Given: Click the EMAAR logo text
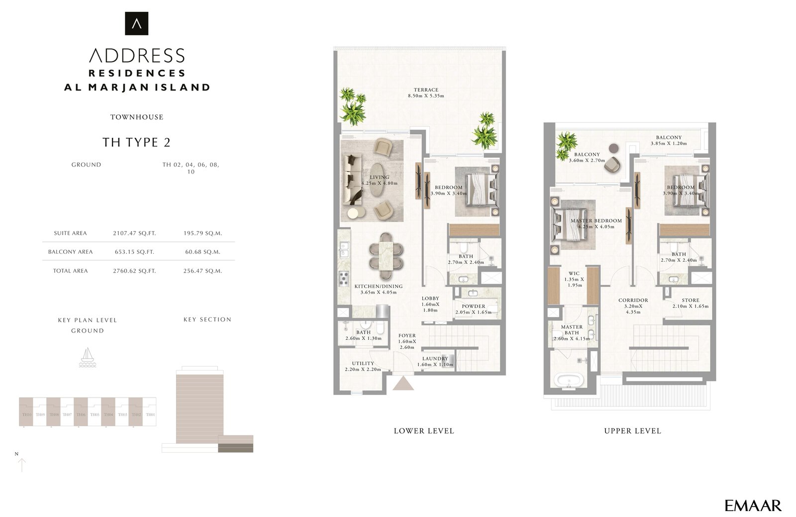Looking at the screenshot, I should tap(753, 506).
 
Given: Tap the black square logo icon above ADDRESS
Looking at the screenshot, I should tap(136, 23).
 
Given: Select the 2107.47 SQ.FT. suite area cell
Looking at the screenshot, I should tap(134, 233).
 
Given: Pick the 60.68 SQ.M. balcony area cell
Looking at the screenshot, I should tap(202, 252).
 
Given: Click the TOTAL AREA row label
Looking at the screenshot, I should tap(70, 271).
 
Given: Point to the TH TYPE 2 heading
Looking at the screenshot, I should tap(136, 142).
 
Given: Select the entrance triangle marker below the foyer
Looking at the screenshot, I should tap(403, 384).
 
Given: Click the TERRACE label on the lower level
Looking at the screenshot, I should tap(426, 90).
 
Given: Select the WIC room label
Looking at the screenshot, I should tap(574, 274).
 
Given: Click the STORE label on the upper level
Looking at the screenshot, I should tap(691, 301).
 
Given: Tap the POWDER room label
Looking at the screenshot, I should tap(473, 307).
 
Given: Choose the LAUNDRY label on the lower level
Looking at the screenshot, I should tap(435, 359).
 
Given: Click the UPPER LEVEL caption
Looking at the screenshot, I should tap(632, 431).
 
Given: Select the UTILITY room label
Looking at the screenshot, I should tap(363, 364).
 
